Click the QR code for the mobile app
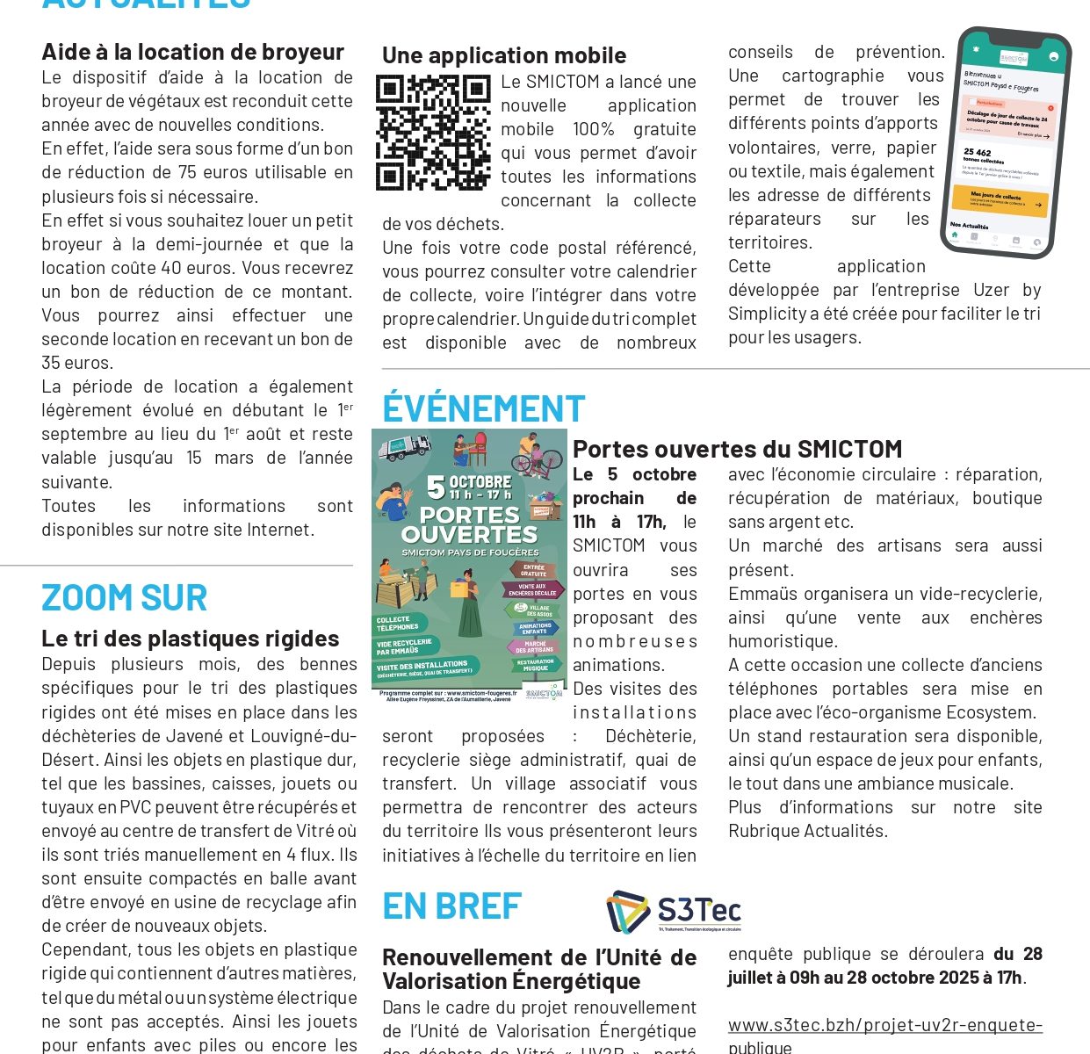433,133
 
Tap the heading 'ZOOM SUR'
124,598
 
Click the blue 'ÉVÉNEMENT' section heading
483,409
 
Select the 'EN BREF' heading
451,906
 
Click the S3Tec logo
674,912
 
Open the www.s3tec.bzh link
884,1025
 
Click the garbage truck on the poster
404,448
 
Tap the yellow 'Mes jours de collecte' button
999,201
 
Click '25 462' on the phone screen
977,153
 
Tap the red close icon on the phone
1050,108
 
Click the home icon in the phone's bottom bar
955,234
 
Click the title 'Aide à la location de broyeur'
192,52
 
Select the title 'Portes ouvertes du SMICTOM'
737,450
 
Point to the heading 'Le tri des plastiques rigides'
190,639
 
